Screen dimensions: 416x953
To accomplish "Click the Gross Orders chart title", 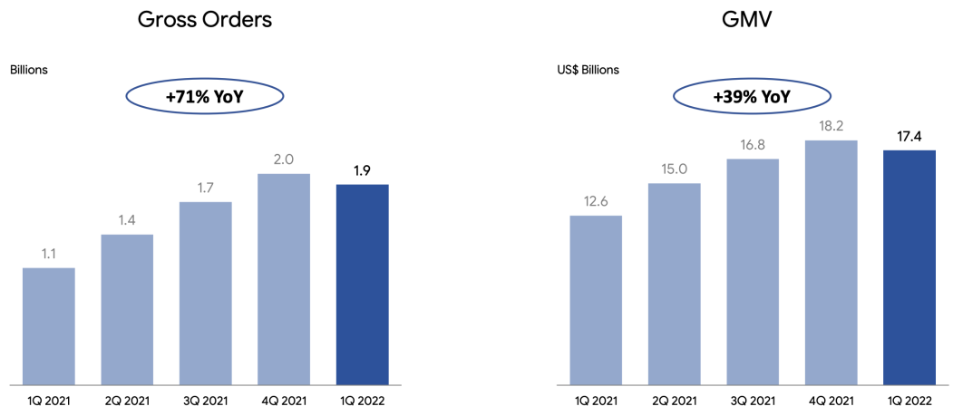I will pyautogui.click(x=205, y=20).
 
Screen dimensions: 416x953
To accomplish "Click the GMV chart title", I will pyautogui.click(x=752, y=20).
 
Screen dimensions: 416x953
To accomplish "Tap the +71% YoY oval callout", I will pyautogui.click(x=205, y=97).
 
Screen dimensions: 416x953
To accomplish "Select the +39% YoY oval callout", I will pyautogui.click(x=752, y=97).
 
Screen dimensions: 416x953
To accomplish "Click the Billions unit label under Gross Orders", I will pyautogui.click(x=29, y=70).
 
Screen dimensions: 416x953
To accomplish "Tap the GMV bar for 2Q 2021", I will pyautogui.click(x=674, y=283).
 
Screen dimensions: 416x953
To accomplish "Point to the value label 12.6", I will pyautogui.click(x=595, y=202).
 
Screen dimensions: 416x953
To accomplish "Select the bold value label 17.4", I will pyautogui.click(x=909, y=137).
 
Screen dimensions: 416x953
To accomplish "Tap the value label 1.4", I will pyautogui.click(x=127, y=221).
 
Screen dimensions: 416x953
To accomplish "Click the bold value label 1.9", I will pyautogui.click(x=362, y=170).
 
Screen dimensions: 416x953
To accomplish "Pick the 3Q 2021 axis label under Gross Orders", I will pyautogui.click(x=205, y=398).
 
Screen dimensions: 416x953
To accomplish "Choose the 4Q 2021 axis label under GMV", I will pyautogui.click(x=831, y=398).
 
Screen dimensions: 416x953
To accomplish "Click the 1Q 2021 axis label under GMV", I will pyautogui.click(x=595, y=398).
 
